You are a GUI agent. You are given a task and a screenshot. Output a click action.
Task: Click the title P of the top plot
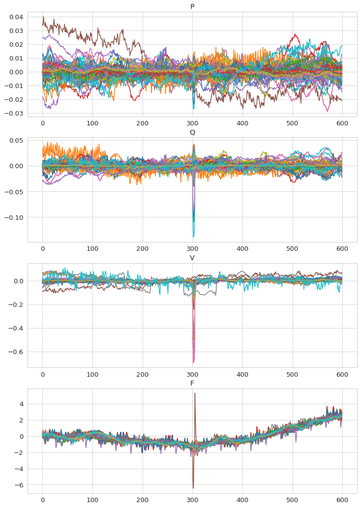pyautogui.click(x=192, y=6)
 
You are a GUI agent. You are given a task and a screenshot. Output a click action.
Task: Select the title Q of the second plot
pyautogui.click(x=192, y=132)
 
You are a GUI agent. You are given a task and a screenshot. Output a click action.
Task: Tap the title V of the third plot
pyautogui.click(x=192, y=258)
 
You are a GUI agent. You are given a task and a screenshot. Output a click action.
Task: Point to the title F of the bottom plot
pyautogui.click(x=192, y=383)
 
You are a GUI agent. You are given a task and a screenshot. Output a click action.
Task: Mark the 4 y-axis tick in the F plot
pyautogui.click(x=21, y=404)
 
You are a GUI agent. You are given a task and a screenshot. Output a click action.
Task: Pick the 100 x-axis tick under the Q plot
pyautogui.click(x=92, y=249)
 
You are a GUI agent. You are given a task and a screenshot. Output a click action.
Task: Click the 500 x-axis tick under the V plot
pyautogui.click(x=293, y=375)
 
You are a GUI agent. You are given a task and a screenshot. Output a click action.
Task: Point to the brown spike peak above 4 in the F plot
pyautogui.click(x=195, y=393)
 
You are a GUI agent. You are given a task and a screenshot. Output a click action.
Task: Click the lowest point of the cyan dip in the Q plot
pyautogui.click(x=193, y=237)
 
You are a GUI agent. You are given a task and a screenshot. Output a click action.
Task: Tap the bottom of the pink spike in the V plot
pyautogui.click(x=193, y=362)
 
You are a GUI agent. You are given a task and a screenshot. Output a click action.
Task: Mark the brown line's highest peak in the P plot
pyautogui.click(x=43, y=17)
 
